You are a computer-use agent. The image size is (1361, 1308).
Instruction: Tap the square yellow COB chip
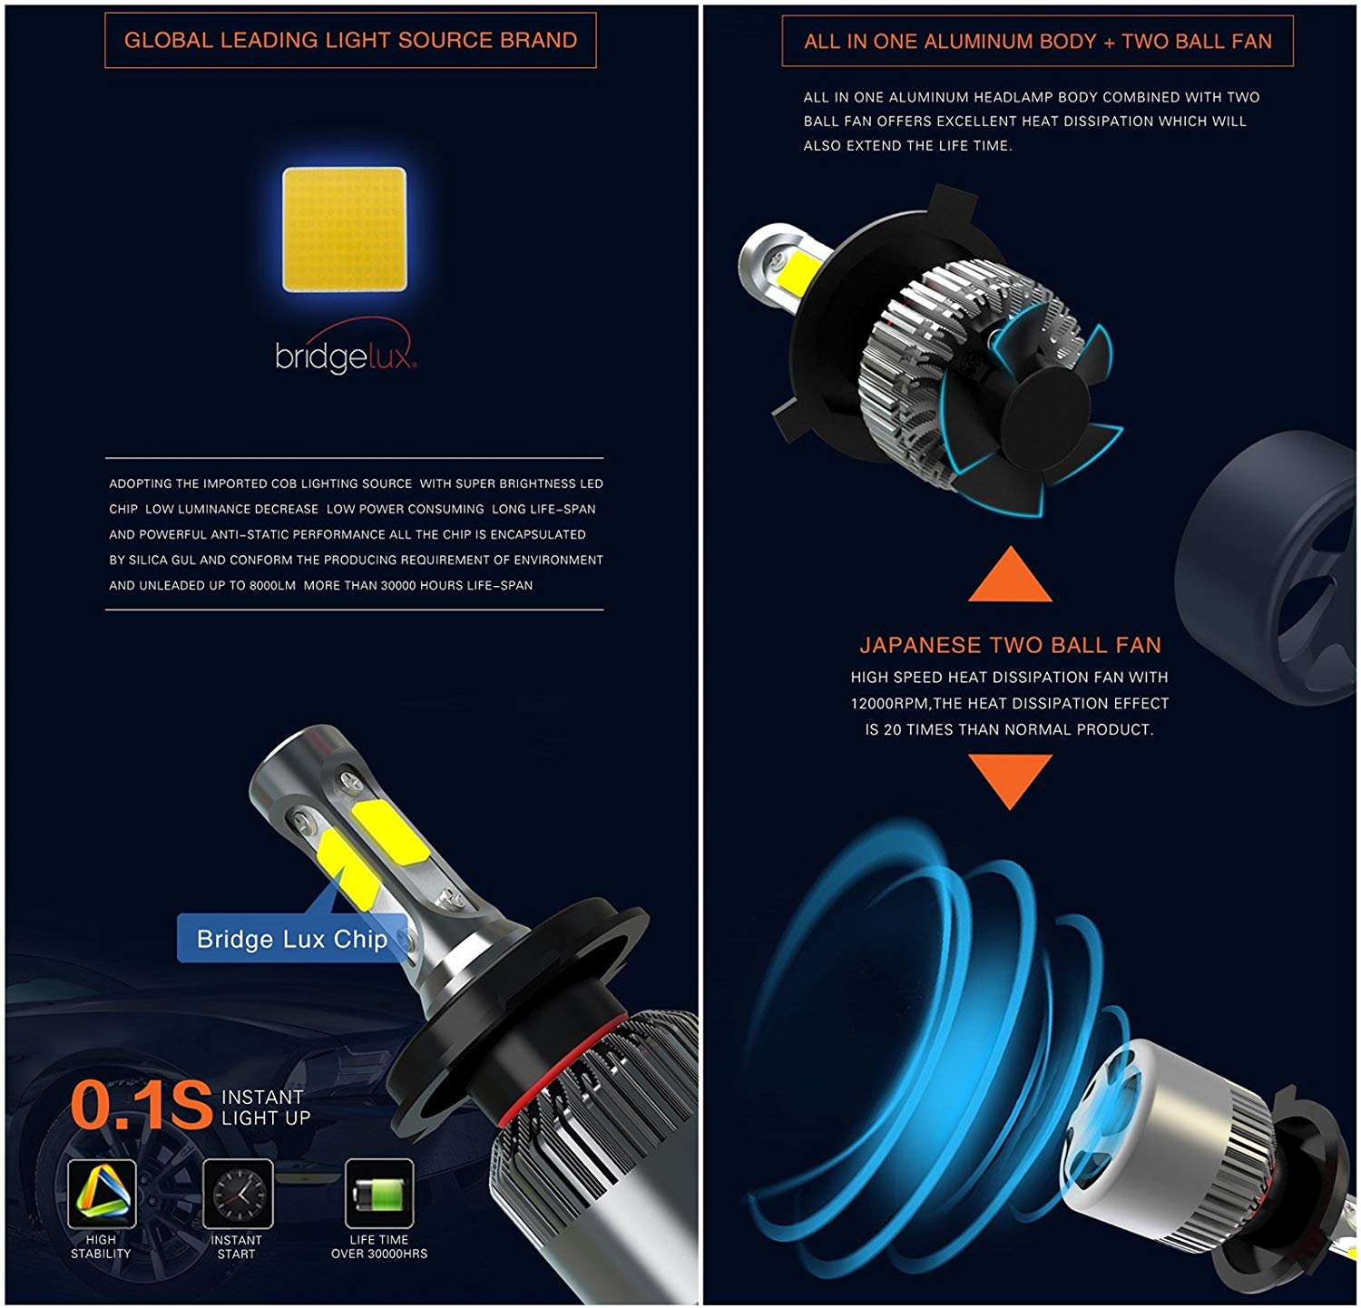[345, 229]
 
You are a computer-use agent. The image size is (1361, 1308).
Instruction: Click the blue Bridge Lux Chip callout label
[291, 939]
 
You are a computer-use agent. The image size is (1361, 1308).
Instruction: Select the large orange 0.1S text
[141, 1106]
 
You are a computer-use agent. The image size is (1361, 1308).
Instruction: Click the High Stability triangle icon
[102, 1194]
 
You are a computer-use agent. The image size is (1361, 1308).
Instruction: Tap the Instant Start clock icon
[238, 1194]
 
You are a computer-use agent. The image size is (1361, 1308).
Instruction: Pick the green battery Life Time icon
[379, 1193]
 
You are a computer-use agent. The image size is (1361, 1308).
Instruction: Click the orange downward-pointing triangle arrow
[1010, 778]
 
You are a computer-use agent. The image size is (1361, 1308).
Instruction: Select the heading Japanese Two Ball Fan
[1010, 645]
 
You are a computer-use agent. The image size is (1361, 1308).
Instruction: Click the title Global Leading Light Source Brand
[350, 40]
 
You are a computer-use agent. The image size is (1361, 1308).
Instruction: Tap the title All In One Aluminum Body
[1037, 41]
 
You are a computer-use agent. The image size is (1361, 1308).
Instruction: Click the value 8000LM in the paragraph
[272, 585]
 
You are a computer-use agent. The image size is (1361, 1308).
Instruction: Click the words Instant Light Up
[266, 1108]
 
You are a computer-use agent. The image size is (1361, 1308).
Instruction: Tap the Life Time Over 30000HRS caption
[379, 1246]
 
